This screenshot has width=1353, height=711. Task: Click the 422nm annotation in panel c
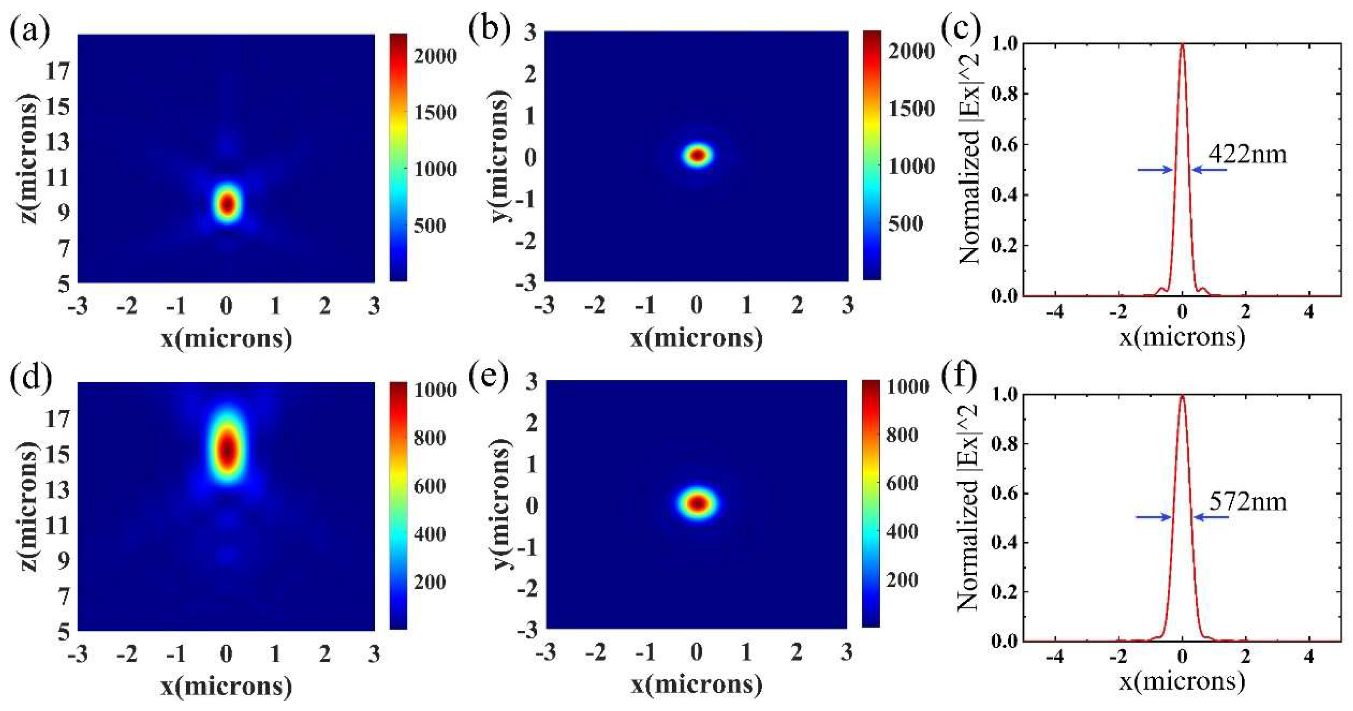[x=1248, y=155]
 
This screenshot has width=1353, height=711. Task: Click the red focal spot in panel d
[x=227, y=449]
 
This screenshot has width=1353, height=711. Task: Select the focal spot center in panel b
[x=697, y=155]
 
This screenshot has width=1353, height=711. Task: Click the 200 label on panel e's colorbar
[x=902, y=580]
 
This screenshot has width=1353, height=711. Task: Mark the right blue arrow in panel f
[x=1211, y=517]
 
